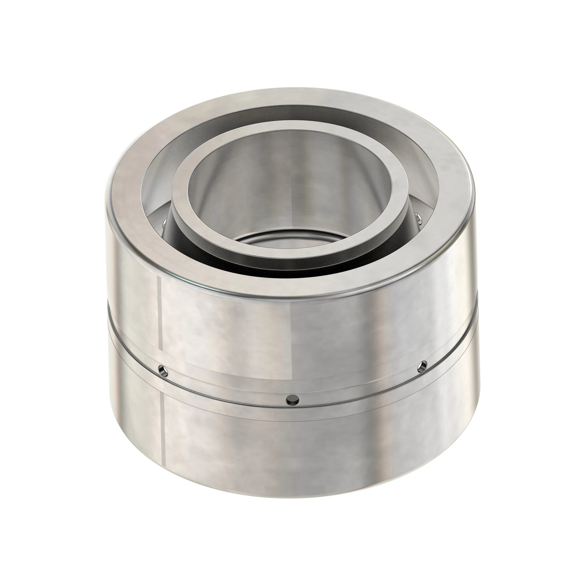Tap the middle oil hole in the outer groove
(293, 400)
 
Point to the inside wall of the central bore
(291, 188)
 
